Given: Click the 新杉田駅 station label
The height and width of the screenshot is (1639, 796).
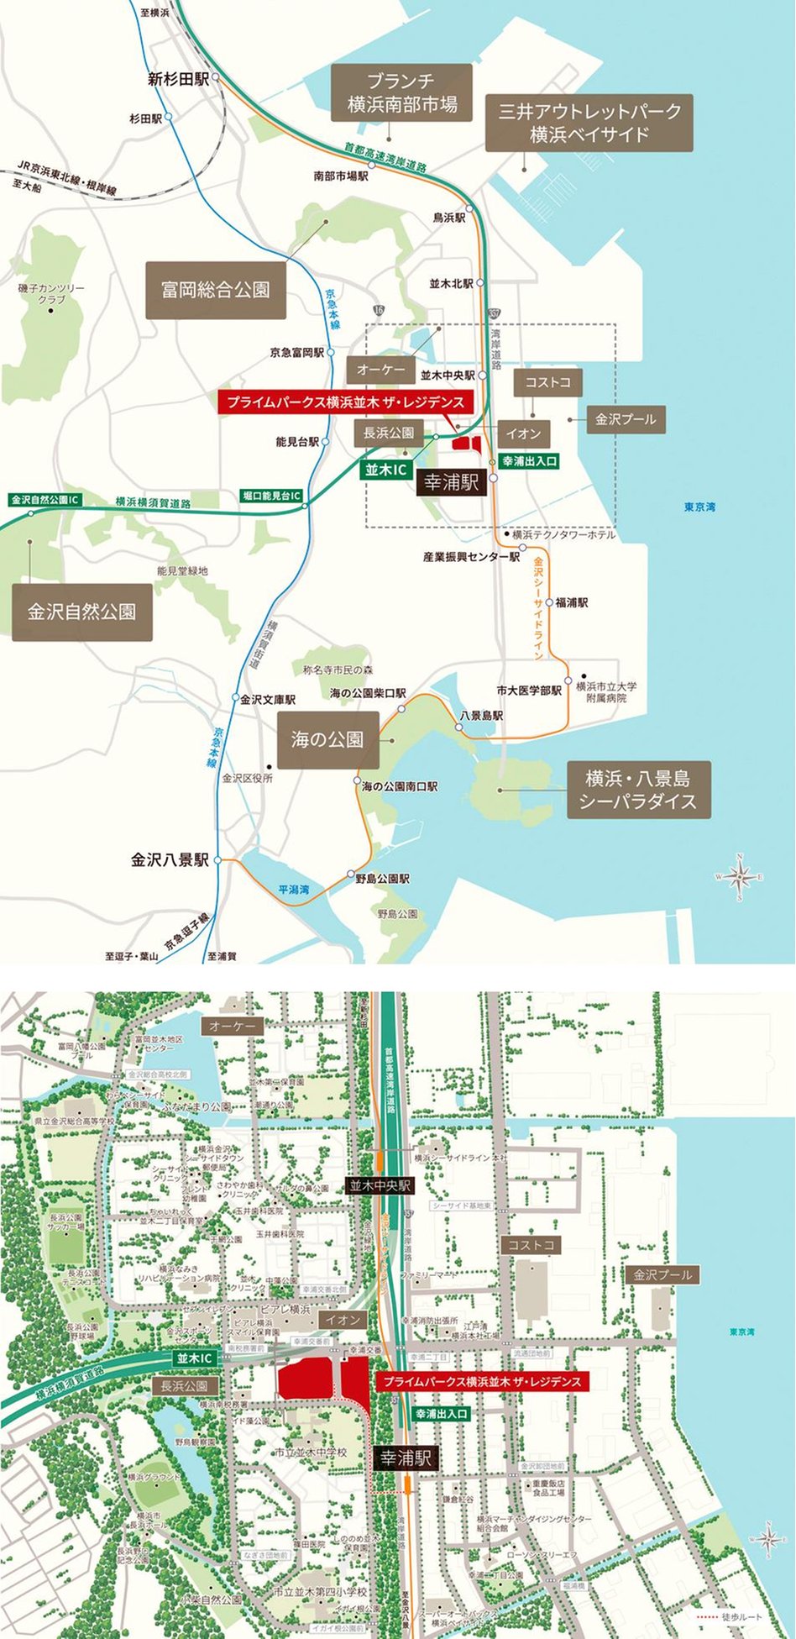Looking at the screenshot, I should [x=178, y=79].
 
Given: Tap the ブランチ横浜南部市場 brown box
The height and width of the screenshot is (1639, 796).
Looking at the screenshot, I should [x=402, y=92].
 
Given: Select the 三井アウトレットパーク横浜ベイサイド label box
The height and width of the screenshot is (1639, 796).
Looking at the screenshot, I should [x=589, y=122].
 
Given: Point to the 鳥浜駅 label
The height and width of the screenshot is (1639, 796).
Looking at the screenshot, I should [x=448, y=218].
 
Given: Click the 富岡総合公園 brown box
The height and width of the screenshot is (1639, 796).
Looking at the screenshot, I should [x=215, y=290].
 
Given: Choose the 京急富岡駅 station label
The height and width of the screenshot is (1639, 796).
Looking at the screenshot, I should [x=296, y=353].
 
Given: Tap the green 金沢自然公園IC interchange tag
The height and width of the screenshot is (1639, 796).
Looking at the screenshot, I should [x=45, y=500].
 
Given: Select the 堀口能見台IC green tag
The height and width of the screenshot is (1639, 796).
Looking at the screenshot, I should [x=271, y=496].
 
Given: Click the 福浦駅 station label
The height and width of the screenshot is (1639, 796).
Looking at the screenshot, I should [x=571, y=602].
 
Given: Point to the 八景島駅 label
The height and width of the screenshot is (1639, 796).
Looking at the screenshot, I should [x=480, y=716].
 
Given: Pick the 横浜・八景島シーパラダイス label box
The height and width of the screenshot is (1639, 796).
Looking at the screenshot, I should [x=638, y=790].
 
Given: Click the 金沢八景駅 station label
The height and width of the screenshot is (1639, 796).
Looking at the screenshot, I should [x=170, y=860].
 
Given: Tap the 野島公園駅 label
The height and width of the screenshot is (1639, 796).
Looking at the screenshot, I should [x=382, y=879].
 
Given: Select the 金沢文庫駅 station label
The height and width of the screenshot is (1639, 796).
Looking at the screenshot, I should [x=268, y=699].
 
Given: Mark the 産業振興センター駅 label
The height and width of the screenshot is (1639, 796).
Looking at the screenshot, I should [x=471, y=557].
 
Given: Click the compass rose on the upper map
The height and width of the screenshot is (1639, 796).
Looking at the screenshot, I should [x=740, y=877].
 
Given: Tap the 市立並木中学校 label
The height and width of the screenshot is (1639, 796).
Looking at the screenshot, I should [x=310, y=1453].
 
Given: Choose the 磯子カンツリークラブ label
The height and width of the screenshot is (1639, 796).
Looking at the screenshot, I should [x=51, y=294].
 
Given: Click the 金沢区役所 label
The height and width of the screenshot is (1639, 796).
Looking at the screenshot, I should [x=248, y=778].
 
